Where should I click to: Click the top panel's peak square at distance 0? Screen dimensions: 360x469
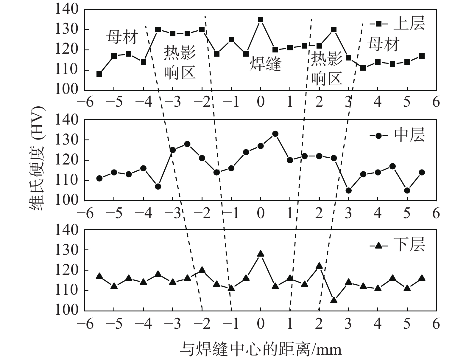pos(261,20)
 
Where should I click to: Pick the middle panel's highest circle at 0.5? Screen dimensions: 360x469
pos(275,134)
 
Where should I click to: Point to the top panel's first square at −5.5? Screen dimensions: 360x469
pos(99,74)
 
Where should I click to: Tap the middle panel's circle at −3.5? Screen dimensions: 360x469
pos(158,187)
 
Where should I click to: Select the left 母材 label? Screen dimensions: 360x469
pos(122,38)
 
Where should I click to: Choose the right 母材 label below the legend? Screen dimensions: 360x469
pos(383,44)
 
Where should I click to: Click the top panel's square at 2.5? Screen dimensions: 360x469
pos(334,30)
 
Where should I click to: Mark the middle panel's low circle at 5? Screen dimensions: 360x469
pos(407,190)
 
